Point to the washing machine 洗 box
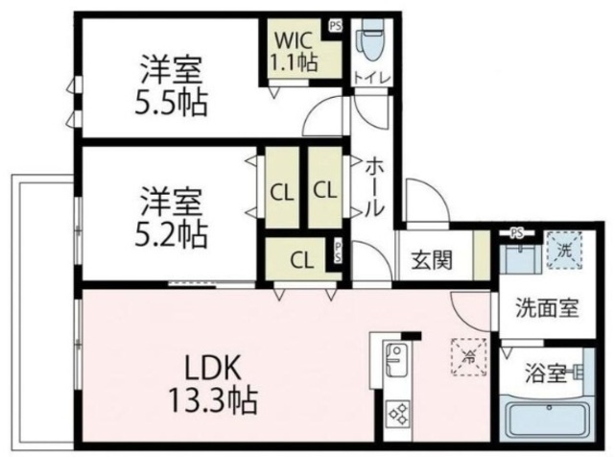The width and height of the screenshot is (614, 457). pyautogui.click(x=562, y=248)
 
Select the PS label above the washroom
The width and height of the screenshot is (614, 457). pyautogui.click(x=517, y=232)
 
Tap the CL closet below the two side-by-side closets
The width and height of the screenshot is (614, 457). pyautogui.click(x=301, y=258)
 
